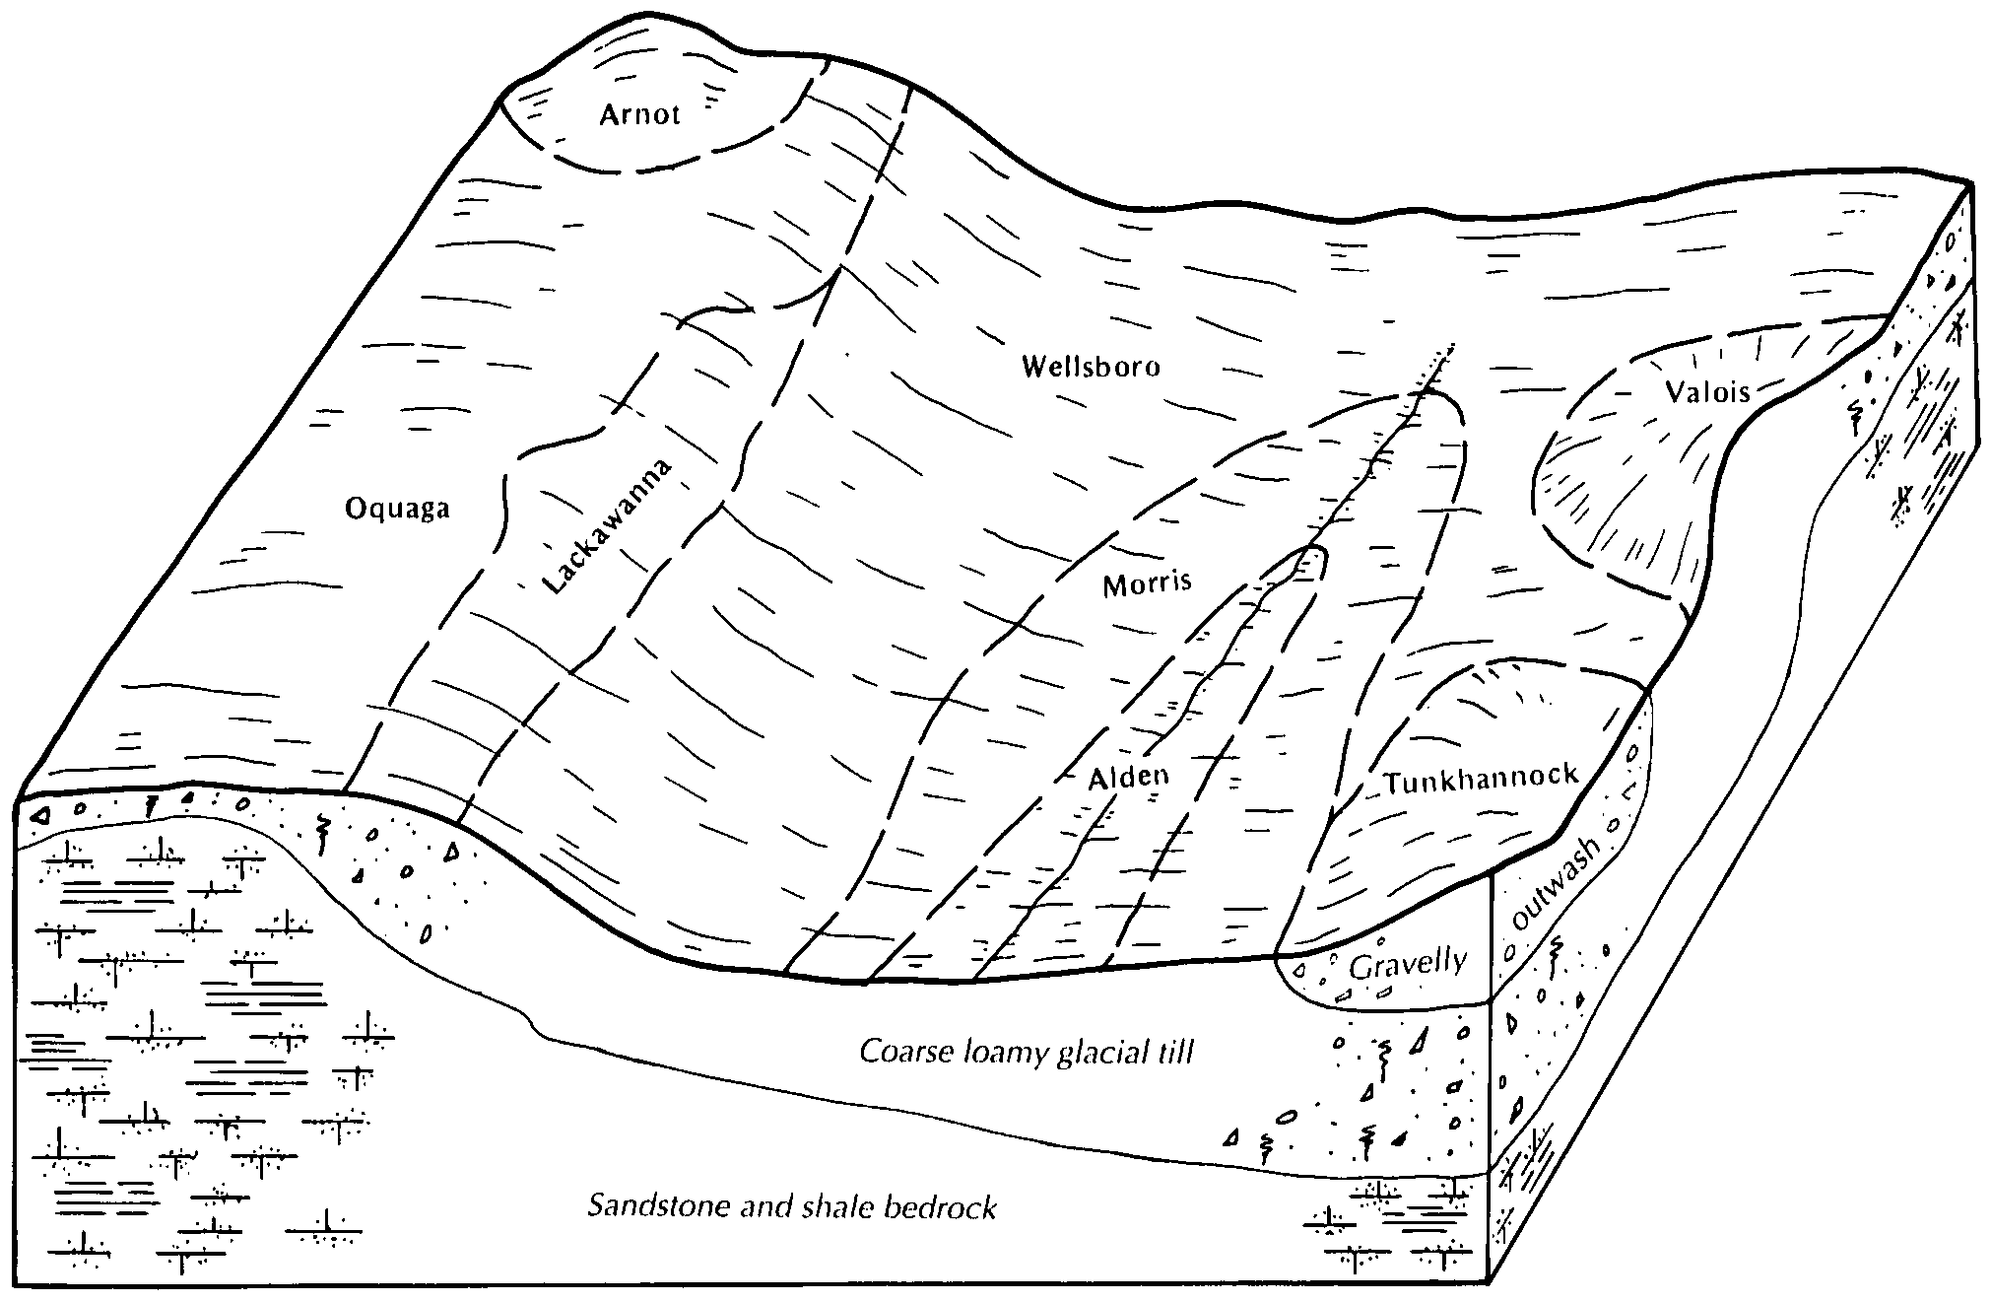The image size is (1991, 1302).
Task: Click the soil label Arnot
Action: point(639,115)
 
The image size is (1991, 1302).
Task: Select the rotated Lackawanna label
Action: point(608,527)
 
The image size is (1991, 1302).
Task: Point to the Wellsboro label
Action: point(1091,368)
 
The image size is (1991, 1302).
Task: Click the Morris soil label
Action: point(1147,584)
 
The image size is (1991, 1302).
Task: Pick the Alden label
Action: point(1128,777)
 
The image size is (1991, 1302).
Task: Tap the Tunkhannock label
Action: point(1481,779)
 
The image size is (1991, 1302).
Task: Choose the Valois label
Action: point(1707,392)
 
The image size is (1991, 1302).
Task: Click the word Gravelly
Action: point(1408,963)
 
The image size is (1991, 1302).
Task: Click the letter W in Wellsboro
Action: point(1033,368)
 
